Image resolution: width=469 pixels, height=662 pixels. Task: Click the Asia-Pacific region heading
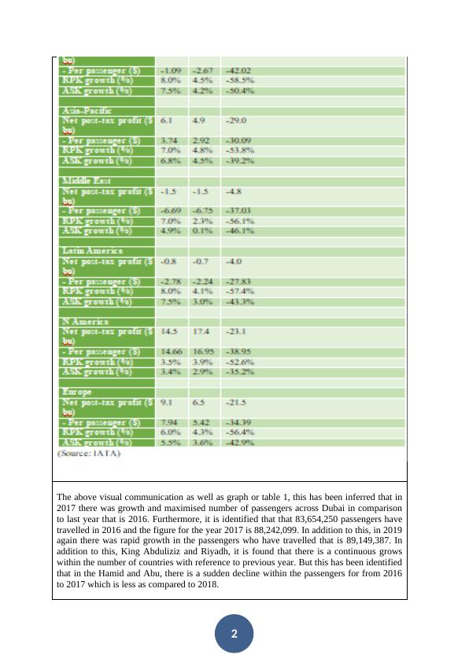pos(87,111)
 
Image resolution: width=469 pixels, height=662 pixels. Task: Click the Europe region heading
pos(76,391)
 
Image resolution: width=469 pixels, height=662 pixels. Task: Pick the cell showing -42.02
pos(238,71)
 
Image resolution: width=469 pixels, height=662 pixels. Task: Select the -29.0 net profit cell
pos(236,121)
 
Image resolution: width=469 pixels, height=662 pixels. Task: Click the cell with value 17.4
pos(202,331)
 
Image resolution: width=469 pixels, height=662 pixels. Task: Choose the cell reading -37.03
pos(238,211)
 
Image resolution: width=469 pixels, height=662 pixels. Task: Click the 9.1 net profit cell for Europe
pos(167,401)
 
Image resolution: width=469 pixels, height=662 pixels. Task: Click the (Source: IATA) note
pos(89,454)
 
